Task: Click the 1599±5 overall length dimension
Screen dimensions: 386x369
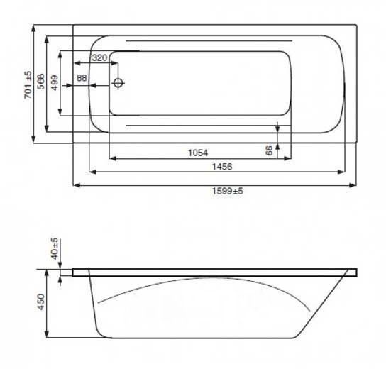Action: click(x=228, y=191)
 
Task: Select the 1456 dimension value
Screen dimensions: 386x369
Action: click(x=222, y=167)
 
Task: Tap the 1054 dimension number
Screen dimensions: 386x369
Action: click(x=198, y=153)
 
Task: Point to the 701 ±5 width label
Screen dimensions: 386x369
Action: click(x=28, y=84)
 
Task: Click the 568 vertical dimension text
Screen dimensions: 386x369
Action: click(x=41, y=81)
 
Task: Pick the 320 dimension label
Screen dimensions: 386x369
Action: click(x=100, y=58)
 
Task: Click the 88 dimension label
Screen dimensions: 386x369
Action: click(x=82, y=78)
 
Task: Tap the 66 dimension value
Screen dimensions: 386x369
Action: click(x=270, y=150)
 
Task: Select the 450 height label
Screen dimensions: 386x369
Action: click(x=41, y=302)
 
